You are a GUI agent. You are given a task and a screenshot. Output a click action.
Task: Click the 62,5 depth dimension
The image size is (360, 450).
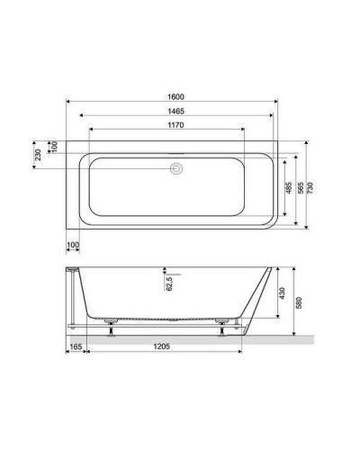[167, 285]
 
